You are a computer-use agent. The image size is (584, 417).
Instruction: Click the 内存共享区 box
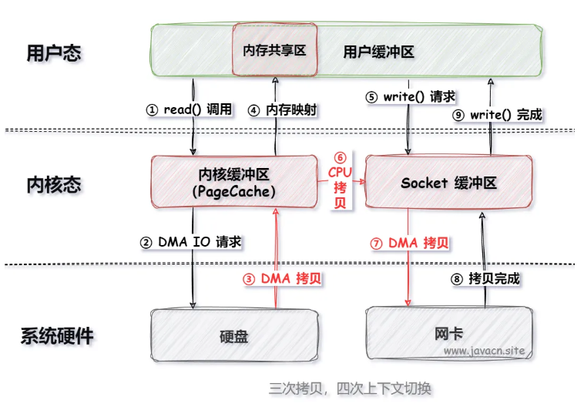click(x=274, y=49)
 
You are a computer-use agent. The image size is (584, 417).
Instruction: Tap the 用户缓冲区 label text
click(x=379, y=52)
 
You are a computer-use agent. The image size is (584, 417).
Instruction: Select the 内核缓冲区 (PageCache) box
click(x=233, y=181)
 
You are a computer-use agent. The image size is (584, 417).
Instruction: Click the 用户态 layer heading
click(x=54, y=52)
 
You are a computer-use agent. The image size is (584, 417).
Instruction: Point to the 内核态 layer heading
click(x=54, y=184)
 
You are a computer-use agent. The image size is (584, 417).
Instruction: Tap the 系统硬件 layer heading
click(x=57, y=336)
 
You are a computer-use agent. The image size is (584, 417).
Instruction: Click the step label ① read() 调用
click(x=189, y=109)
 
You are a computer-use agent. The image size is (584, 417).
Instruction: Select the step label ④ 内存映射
click(x=281, y=109)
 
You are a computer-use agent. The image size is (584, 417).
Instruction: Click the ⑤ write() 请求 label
click(x=411, y=97)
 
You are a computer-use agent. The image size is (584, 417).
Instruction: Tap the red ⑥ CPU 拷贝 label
click(x=340, y=180)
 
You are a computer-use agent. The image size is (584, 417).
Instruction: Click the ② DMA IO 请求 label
click(x=190, y=241)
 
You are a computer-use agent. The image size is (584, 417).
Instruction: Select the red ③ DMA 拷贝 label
click(x=282, y=279)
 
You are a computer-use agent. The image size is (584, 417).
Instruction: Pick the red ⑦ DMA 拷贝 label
click(x=410, y=242)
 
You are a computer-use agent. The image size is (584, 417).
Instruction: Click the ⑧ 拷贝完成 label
click(x=486, y=278)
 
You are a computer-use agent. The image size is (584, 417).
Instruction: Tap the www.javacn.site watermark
click(x=484, y=351)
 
